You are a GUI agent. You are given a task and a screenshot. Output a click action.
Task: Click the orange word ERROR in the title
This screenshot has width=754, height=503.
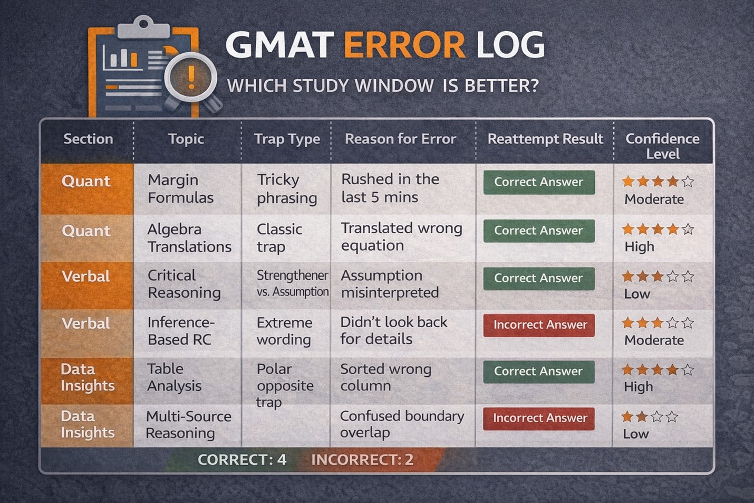[x=405, y=45]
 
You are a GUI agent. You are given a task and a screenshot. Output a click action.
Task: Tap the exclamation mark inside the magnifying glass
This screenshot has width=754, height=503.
[x=191, y=77]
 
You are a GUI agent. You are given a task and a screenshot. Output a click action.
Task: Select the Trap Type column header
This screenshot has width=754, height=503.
[x=287, y=139]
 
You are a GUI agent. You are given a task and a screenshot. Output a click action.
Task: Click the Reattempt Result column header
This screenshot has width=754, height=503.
[x=545, y=139]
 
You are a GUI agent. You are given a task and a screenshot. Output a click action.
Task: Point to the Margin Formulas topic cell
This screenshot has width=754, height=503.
[x=180, y=188]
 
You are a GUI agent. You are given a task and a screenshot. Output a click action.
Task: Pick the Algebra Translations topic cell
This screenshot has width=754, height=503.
[x=189, y=238]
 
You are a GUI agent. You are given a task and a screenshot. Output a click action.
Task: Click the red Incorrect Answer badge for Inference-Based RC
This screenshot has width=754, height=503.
[x=539, y=325]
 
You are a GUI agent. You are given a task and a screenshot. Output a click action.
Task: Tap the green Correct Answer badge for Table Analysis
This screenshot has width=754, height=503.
[x=539, y=372]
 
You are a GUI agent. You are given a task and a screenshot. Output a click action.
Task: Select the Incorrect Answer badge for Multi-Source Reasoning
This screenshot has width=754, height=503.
[x=539, y=419]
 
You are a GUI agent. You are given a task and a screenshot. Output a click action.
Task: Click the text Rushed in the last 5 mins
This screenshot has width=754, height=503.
[x=390, y=188]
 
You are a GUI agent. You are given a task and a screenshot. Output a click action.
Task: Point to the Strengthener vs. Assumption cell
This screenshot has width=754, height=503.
[x=293, y=283]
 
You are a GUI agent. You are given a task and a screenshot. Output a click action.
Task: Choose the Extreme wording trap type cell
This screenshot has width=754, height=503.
[x=284, y=331]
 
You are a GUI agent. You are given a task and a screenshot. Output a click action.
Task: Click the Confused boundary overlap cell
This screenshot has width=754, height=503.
[x=402, y=424]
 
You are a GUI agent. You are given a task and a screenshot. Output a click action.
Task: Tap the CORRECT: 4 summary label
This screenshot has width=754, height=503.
[x=242, y=460]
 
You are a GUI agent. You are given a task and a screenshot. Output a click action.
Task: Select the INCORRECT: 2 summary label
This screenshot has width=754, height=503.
[x=362, y=460]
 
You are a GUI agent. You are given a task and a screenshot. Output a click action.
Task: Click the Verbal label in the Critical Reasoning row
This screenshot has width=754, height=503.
[x=86, y=276]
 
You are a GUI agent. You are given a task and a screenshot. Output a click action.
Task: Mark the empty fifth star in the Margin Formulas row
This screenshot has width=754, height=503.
[x=688, y=181]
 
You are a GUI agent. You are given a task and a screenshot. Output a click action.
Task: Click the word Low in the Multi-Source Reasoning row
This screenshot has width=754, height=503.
[x=635, y=434]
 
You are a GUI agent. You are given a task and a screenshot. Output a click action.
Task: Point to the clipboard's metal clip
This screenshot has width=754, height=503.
[x=144, y=27]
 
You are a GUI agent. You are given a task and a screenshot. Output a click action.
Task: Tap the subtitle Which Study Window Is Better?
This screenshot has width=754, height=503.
[x=383, y=86]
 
